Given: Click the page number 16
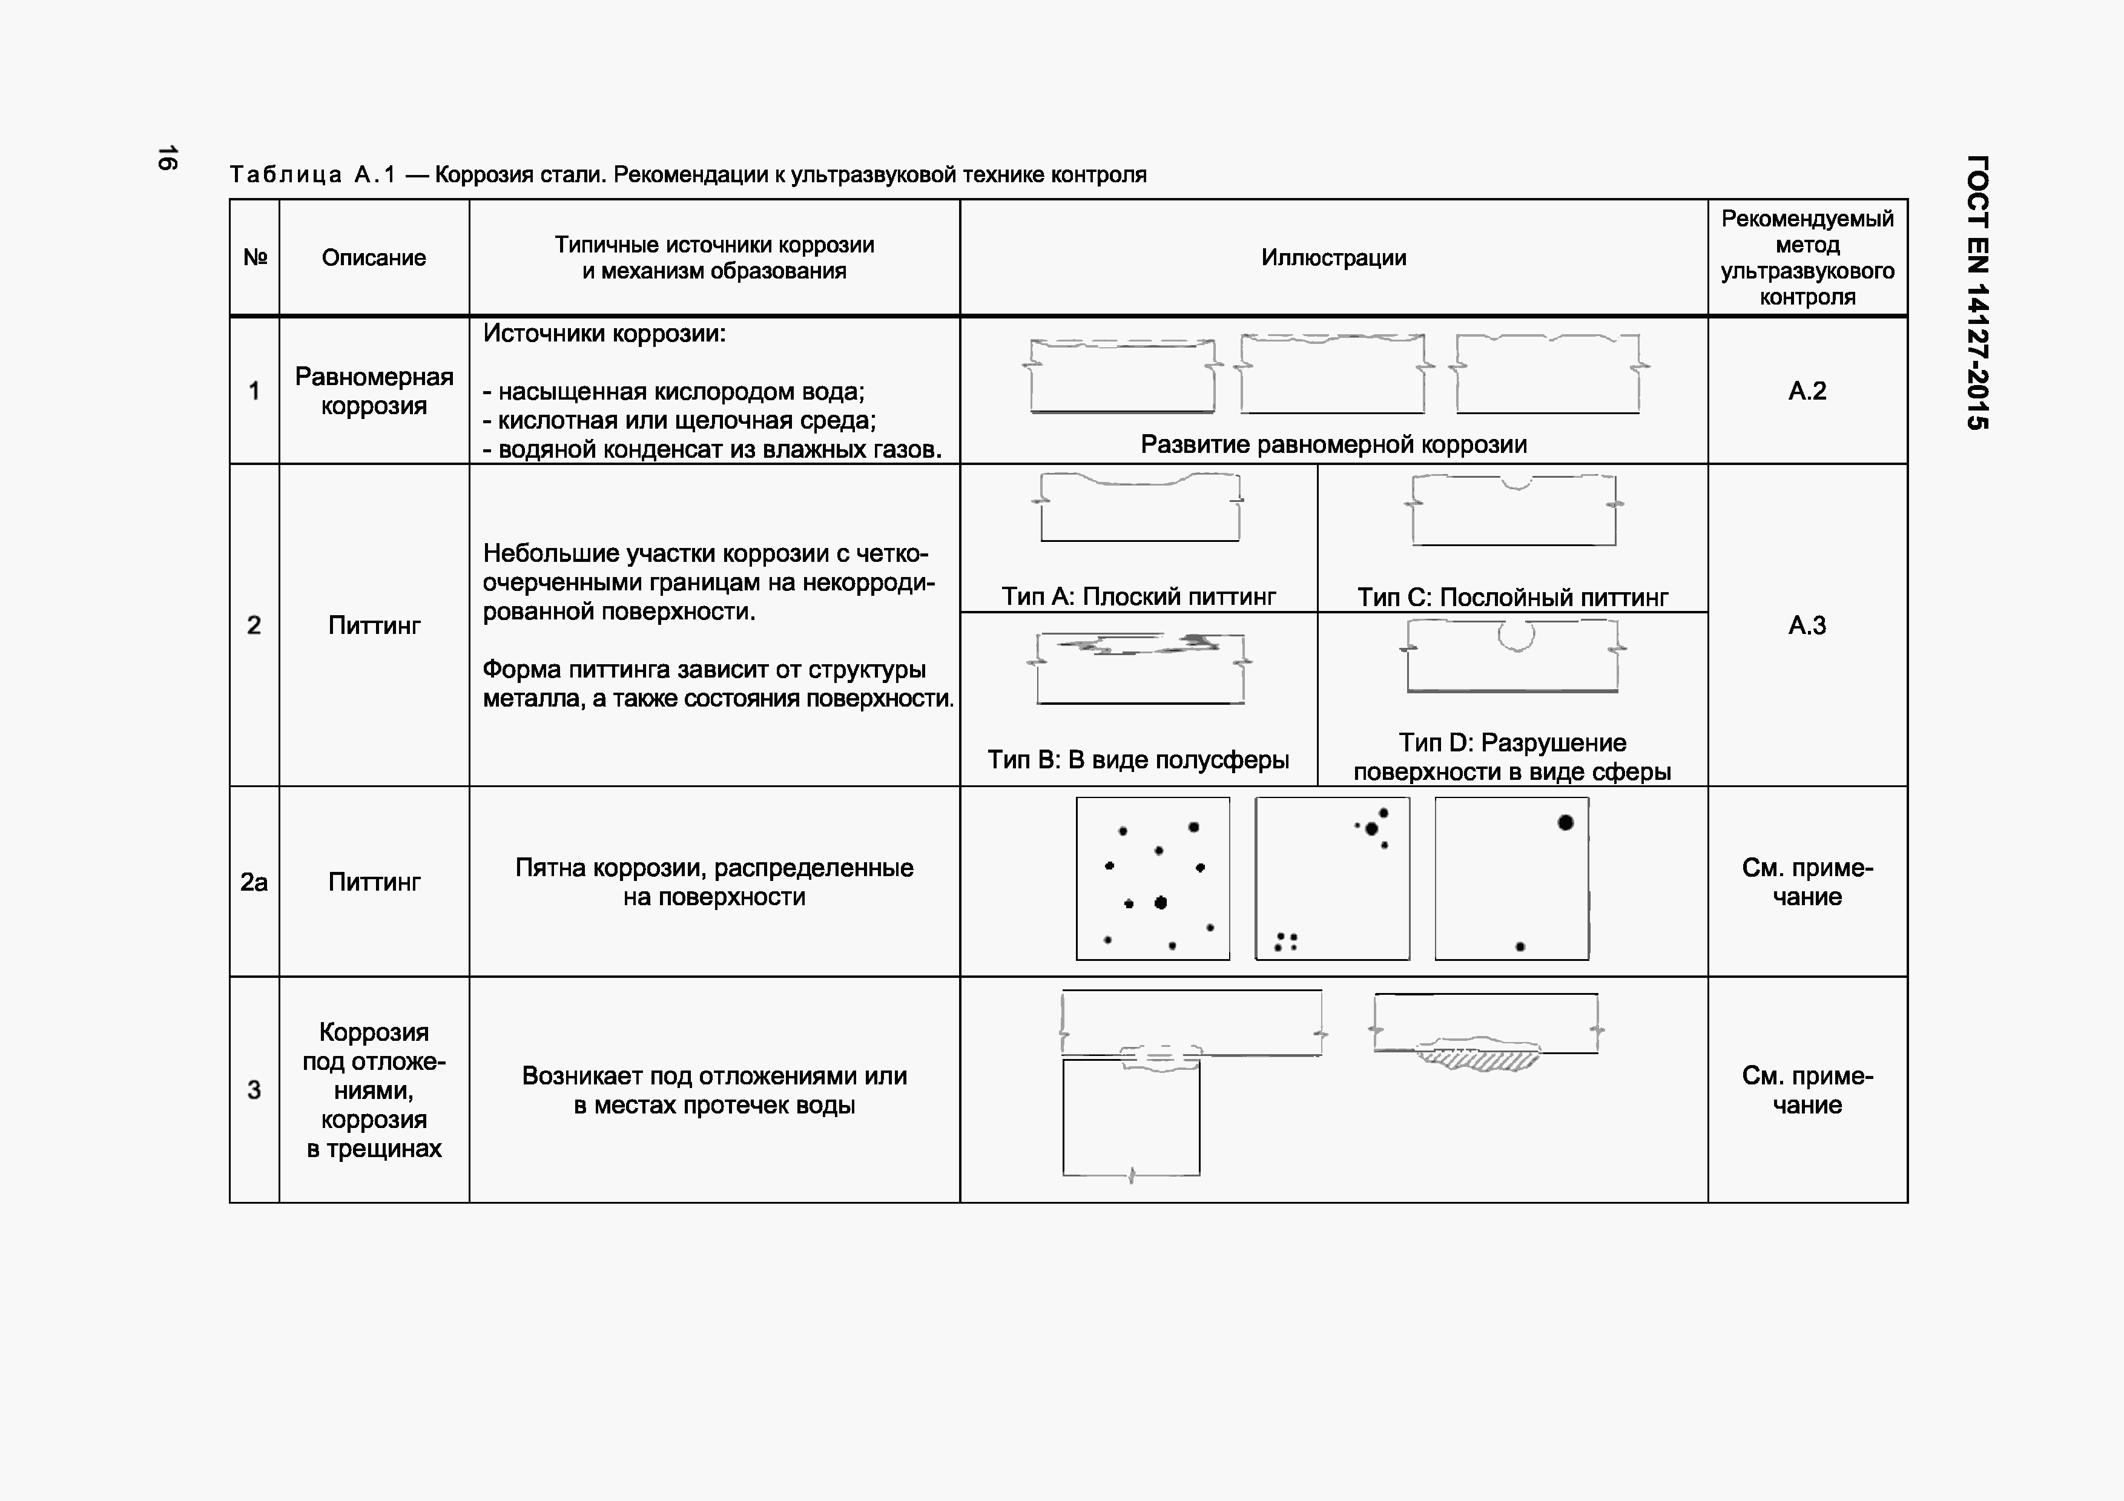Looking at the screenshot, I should point(167,158).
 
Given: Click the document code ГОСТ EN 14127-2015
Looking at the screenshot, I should point(1976,292).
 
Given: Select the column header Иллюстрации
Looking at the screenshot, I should point(1333,258).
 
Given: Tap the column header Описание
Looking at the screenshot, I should point(374,258).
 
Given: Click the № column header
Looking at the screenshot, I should point(254,258).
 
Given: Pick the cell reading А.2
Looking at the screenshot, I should point(1807,391).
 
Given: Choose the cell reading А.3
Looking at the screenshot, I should point(1807,625).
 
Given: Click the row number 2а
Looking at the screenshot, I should point(254,882).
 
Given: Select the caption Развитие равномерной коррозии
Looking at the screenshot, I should point(1333,445).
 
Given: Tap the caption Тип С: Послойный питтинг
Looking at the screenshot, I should point(1512,598).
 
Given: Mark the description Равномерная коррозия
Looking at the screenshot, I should point(374,391).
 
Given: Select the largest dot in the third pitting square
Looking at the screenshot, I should point(1565,822).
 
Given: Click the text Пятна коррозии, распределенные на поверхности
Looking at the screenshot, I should point(714,882).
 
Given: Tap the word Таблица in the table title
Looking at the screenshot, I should point(285,175).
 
